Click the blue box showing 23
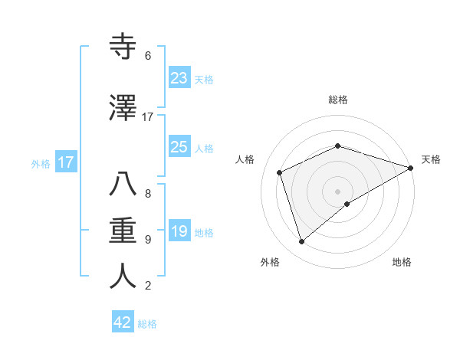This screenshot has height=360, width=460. point(179,78)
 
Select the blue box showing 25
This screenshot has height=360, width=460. point(179,147)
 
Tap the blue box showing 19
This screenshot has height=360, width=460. point(179,231)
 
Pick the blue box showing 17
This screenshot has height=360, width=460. point(66,162)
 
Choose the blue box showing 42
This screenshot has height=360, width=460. point(123,322)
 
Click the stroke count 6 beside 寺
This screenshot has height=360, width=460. point(148,56)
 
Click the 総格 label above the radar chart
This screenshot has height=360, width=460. point(338,100)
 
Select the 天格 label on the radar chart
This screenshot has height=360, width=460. point(432,159)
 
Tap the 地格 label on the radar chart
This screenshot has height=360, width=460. point(402,262)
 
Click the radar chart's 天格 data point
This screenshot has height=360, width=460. point(411,167)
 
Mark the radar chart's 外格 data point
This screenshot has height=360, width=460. point(302,242)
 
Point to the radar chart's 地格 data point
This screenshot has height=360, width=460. point(347,204)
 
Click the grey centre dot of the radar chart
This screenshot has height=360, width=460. point(337,191)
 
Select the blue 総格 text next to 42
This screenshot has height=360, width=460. point(147,324)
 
